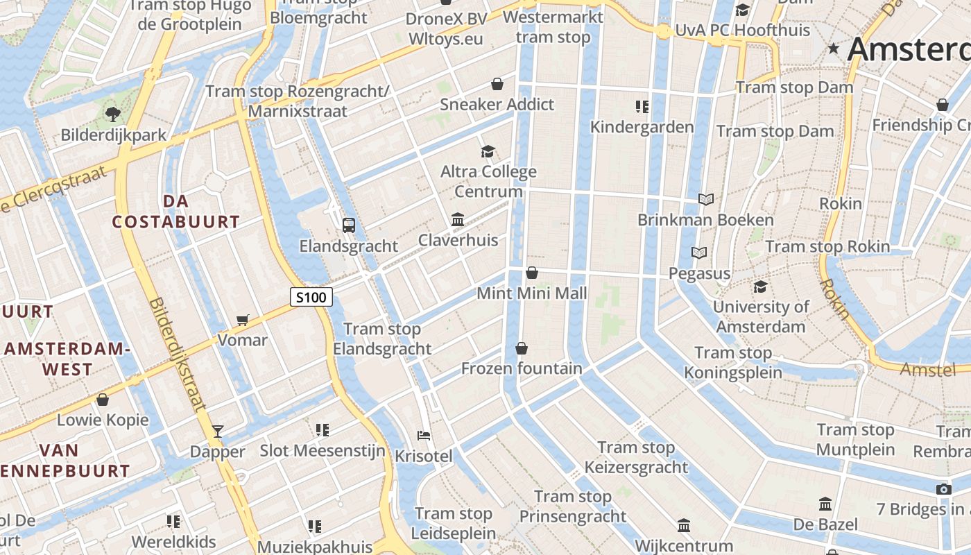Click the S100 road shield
311,298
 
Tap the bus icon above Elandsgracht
348,225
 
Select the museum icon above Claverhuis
458,219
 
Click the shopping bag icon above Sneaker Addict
497,84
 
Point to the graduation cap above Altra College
488,151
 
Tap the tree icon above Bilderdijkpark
112,114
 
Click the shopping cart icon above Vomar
242,320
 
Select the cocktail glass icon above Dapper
217,432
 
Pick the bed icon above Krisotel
424,436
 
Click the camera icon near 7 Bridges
943,489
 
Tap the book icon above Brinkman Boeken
706,200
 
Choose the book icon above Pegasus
699,253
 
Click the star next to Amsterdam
834,49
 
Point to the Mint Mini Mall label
532,293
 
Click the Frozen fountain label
522,368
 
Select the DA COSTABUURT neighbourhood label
176,212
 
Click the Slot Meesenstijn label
323,451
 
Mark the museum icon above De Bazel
825,504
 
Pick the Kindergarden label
642,127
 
